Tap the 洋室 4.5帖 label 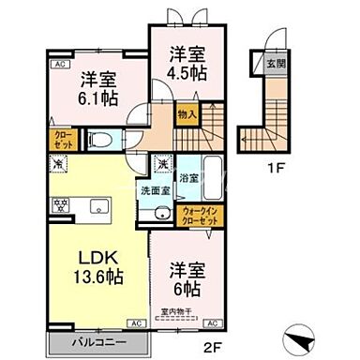point(185,64)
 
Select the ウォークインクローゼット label point(199,213)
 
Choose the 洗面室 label point(154,191)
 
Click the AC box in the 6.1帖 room point(59,64)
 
